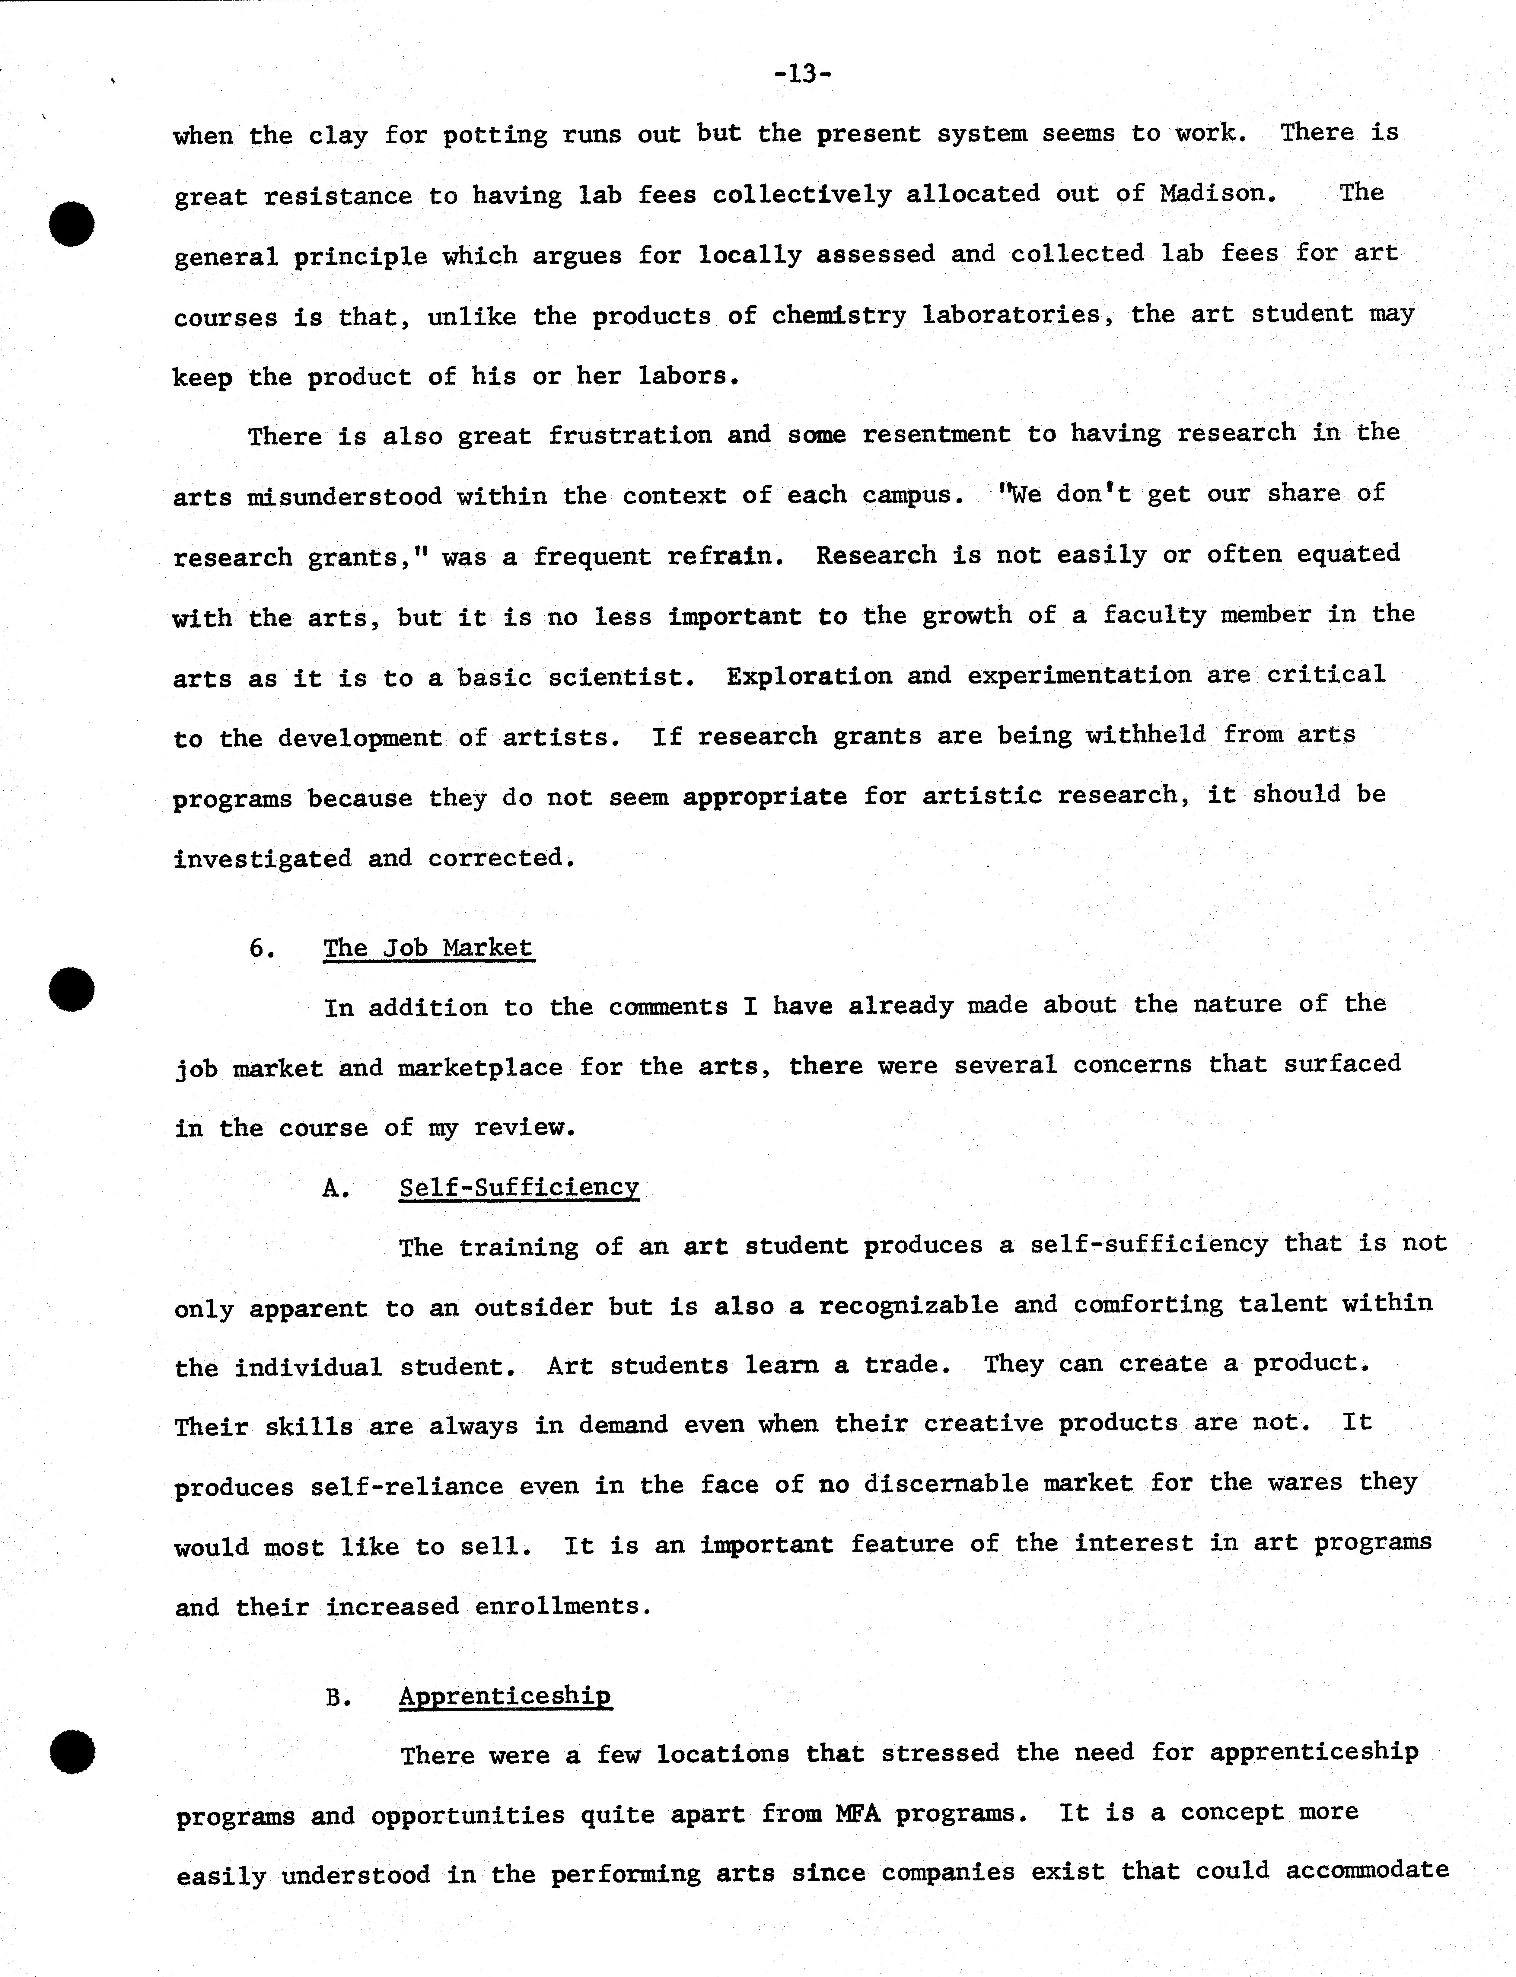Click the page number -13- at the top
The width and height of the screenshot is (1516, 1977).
click(x=802, y=74)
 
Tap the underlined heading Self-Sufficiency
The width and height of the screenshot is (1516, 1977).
click(x=519, y=1188)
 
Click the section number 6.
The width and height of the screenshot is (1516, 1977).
click(x=262, y=948)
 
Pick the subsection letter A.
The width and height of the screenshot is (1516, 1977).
click(x=336, y=1188)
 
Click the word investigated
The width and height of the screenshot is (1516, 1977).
click(x=262, y=858)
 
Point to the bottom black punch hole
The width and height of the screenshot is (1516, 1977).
click(x=72, y=1753)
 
